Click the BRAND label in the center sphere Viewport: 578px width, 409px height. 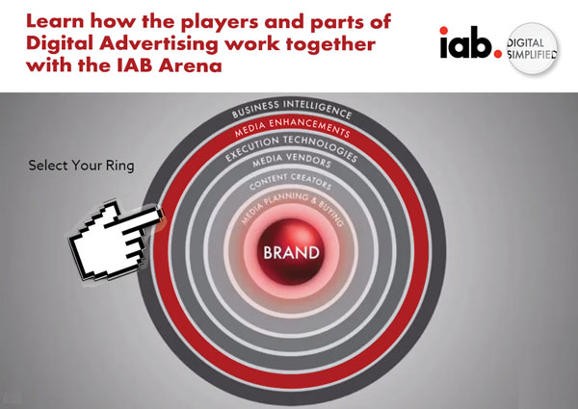pyautogui.click(x=291, y=252)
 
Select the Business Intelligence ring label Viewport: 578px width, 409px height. pyautogui.click(x=292, y=108)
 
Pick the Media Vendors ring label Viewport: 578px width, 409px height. pyautogui.click(x=292, y=161)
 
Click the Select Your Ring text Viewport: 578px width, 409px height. pyautogui.click(x=81, y=166)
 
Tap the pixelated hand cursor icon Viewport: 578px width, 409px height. pyautogui.click(x=117, y=240)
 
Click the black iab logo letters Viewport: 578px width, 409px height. pyautogui.click(x=465, y=42)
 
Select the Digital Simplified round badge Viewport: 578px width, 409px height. pyautogui.click(x=532, y=48)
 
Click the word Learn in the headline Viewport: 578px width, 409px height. pyautogui.click(x=55, y=21)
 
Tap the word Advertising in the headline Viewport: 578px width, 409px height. pyautogui.click(x=160, y=43)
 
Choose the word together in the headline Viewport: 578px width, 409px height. pyautogui.click(x=330, y=44)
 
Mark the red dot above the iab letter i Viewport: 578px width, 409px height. pyautogui.click(x=444, y=30)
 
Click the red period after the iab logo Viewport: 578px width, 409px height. pyautogui.click(x=498, y=54)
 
